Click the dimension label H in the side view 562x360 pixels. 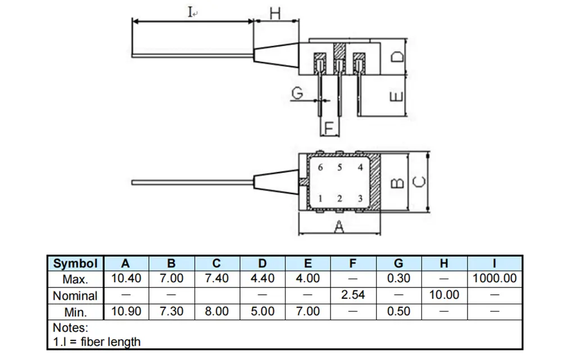pos(275,13)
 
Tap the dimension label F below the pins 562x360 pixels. pos(329,128)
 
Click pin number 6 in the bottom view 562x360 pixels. pos(320,167)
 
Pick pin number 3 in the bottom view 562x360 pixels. pos(360,199)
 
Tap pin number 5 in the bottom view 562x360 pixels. pos(339,167)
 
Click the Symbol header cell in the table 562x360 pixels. pos(75,263)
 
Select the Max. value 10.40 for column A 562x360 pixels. pos(126,278)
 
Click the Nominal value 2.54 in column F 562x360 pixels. pos(353,295)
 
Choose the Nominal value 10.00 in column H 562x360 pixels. pos(444,295)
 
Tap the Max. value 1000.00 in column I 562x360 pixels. pos(495,278)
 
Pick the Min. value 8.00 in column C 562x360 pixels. pos(217,311)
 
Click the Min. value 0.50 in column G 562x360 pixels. pos(398,311)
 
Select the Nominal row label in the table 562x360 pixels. pos(75,295)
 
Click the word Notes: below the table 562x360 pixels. pos(70,327)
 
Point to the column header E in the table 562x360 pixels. pos(307,263)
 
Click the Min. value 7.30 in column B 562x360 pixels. pos(171,311)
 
